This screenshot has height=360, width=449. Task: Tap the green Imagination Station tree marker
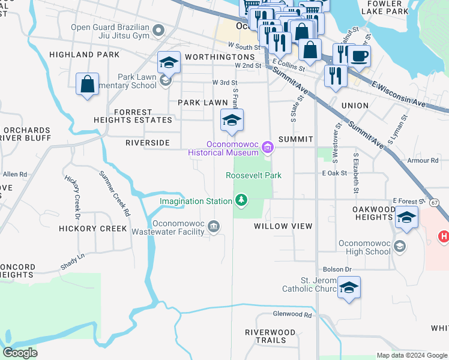click(x=241, y=200)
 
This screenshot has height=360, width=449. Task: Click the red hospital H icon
click(x=444, y=236)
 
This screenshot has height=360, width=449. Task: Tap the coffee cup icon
click(x=359, y=57)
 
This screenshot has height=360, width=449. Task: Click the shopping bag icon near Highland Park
click(x=87, y=85)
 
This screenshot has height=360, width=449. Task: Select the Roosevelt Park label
click(x=253, y=175)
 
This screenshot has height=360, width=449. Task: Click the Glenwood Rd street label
click(x=292, y=314)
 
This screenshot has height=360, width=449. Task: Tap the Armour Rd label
click(x=423, y=160)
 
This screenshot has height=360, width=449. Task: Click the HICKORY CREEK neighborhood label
click(x=92, y=229)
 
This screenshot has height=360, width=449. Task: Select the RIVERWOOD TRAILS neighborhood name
click(x=270, y=336)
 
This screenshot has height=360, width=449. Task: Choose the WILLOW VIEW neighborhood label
click(x=283, y=226)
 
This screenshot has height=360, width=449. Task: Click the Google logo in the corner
click(x=20, y=353)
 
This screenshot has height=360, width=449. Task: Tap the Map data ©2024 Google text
click(x=412, y=355)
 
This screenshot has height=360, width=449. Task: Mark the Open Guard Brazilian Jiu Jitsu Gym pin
click(x=158, y=30)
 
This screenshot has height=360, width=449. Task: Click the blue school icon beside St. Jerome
click(x=349, y=289)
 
